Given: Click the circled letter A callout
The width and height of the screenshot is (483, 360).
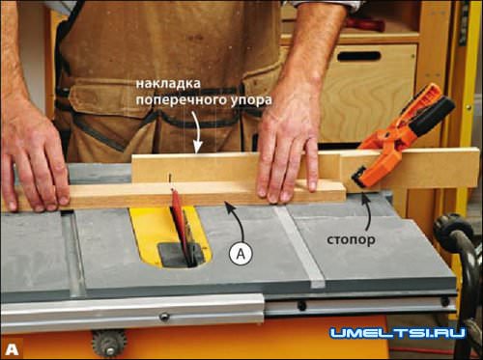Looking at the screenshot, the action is [241, 254].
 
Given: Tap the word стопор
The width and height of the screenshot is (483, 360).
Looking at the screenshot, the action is [351, 239].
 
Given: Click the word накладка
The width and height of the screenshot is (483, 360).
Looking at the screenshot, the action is [168, 83].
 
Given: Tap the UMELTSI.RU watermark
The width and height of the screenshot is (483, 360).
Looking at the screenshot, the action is [398, 333].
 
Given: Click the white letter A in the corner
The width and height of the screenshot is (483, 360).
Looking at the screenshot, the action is [12, 348].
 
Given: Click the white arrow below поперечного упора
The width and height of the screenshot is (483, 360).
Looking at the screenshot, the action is [197, 131].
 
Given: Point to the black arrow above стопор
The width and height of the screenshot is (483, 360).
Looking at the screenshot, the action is [366, 212].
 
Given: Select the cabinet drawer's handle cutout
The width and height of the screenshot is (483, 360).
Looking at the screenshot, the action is [358, 56].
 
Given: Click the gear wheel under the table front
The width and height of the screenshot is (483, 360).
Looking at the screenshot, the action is [108, 343].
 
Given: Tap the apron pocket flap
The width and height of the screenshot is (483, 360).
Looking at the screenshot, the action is [108, 97].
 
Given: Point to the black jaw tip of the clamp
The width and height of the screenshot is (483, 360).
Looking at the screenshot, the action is [358, 178].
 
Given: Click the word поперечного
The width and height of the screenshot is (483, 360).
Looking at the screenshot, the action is [181, 100].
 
